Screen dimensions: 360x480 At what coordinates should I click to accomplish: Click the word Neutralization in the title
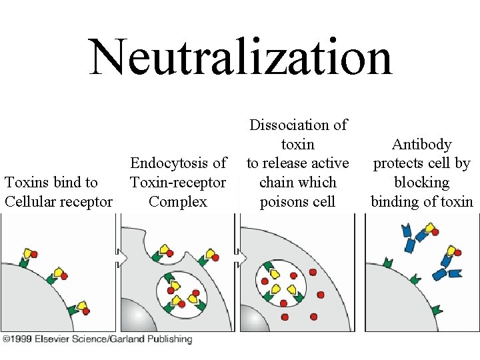(x=241, y=57)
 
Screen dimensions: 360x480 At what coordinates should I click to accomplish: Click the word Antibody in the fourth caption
(x=421, y=144)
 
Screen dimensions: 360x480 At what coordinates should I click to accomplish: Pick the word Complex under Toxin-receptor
(x=178, y=201)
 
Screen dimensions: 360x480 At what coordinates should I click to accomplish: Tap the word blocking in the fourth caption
(x=421, y=182)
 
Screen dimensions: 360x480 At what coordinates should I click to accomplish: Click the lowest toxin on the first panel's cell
(x=83, y=307)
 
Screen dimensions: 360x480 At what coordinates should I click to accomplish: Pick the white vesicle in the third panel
(x=283, y=283)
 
